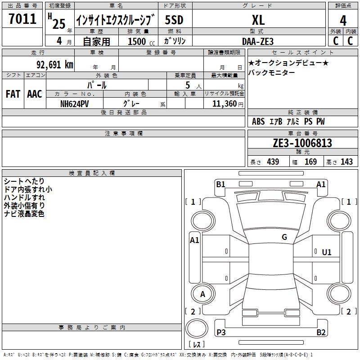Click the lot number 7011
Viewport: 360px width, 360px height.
22,19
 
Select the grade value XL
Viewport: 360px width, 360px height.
258,20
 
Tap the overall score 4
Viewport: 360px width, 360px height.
343,20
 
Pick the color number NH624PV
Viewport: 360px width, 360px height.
75,103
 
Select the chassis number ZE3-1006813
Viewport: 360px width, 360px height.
302,143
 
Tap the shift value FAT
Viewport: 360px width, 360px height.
13,94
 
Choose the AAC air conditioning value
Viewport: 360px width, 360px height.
34,94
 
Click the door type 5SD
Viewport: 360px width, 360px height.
174,20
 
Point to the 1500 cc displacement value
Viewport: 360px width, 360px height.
137,41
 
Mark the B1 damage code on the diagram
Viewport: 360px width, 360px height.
220,184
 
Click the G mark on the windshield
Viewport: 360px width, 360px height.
284,237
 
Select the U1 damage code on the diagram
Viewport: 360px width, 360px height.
327,252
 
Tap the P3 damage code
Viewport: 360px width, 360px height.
221,333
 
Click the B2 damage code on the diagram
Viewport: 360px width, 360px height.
321,333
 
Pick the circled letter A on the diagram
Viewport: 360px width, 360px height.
202,294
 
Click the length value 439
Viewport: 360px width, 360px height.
273,162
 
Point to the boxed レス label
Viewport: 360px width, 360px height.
197,344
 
